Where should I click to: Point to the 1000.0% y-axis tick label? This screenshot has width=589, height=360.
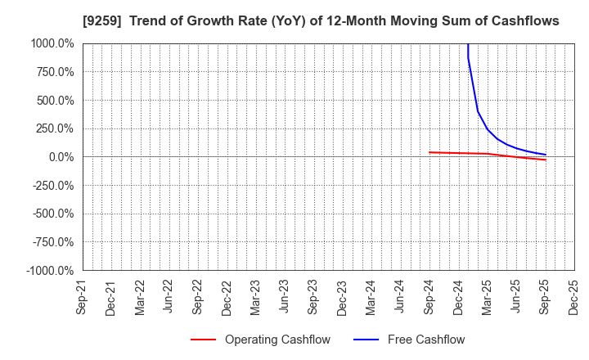52,43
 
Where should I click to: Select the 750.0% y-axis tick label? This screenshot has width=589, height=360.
55,72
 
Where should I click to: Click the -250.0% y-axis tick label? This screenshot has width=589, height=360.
53,186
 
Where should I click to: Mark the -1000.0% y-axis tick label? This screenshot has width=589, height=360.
50,271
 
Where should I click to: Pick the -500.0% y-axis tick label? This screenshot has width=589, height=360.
53,214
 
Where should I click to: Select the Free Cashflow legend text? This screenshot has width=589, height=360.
426,340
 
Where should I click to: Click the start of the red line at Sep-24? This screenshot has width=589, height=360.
429,152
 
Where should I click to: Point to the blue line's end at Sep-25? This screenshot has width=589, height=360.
545,155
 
